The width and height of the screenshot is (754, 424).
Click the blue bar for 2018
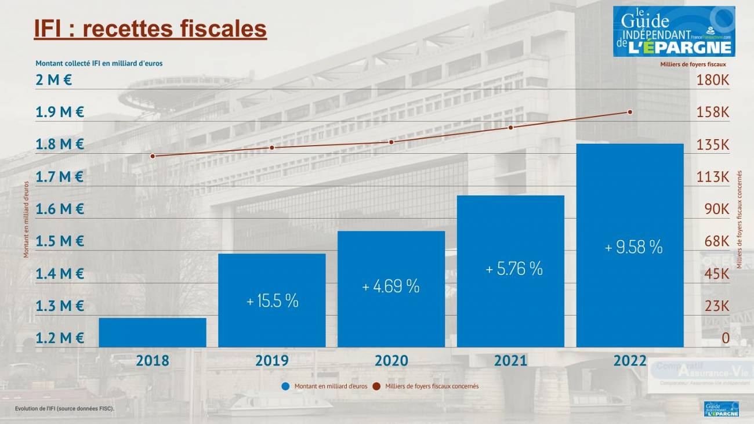153,332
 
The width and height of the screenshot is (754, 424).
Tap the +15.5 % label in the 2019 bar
272,301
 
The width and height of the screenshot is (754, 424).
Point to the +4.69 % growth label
391,286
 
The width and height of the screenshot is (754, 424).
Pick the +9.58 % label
633,247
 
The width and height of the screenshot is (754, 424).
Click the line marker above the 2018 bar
153,156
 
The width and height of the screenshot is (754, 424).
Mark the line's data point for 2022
630,112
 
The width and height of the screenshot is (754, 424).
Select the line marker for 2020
391,142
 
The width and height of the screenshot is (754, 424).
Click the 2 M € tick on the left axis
54,80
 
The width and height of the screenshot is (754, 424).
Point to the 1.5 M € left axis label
60,241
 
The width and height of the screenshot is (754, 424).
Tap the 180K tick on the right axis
712,80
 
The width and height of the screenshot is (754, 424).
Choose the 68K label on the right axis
716,241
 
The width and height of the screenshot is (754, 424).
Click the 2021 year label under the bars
510,361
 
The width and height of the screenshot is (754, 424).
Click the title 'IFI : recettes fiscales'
150,28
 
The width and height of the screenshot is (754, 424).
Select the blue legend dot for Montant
285,386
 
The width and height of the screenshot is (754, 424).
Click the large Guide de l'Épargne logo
673,31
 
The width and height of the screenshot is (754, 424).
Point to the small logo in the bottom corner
721,409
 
